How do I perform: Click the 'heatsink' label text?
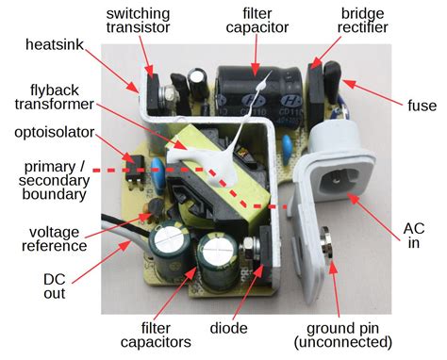point(55,44)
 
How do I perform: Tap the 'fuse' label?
point(422,106)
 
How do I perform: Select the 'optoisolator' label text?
point(55,133)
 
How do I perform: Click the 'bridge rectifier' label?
point(362,21)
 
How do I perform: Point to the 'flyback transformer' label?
point(55,97)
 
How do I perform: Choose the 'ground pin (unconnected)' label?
point(343,335)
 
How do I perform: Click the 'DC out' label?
point(55,286)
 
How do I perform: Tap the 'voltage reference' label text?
point(55,239)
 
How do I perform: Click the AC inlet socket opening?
point(339,181)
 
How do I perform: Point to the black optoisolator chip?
point(135,168)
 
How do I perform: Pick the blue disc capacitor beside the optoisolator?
point(158,170)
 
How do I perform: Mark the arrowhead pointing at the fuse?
point(349,84)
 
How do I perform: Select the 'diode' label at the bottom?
point(228,328)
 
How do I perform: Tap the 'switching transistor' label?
point(138,21)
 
